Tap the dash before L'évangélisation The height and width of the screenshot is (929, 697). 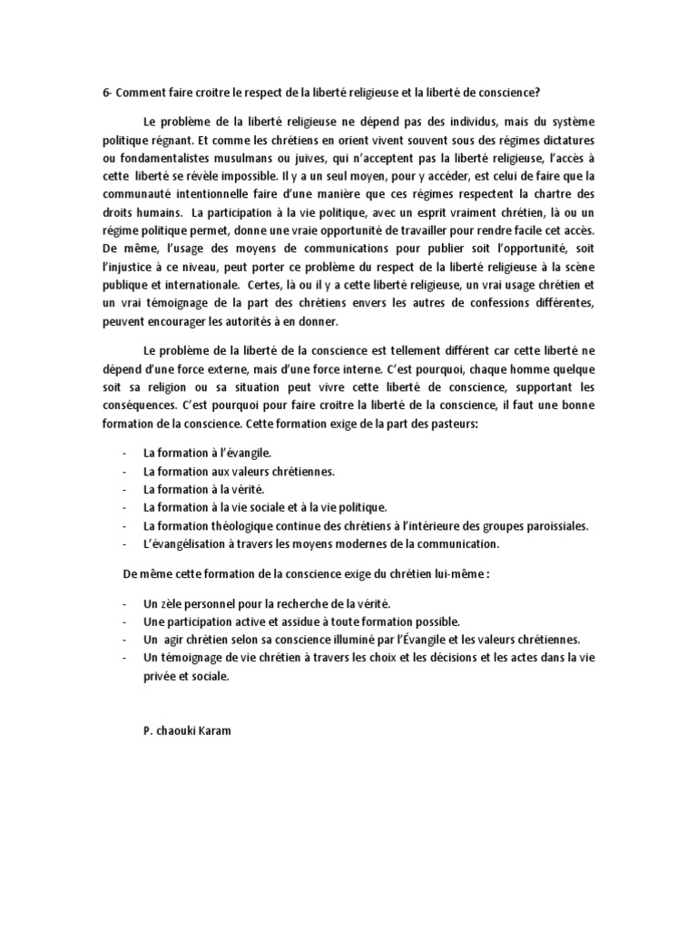[123, 544]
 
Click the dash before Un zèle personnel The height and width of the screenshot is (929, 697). [123, 603]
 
